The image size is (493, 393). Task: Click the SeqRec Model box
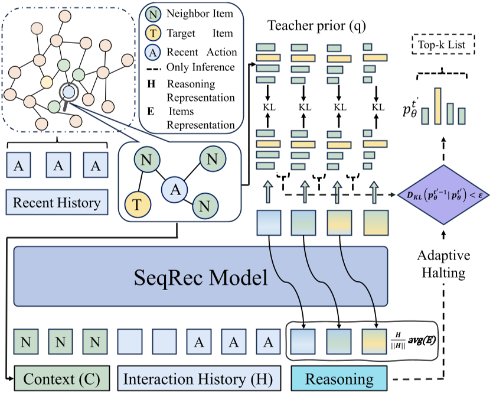(201, 276)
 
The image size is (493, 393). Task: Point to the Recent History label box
(57, 203)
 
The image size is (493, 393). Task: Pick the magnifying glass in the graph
(68, 93)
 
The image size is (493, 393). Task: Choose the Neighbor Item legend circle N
(152, 14)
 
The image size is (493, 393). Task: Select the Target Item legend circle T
(152, 33)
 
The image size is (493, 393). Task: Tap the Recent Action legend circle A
(152, 53)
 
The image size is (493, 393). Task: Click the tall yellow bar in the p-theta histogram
(438, 107)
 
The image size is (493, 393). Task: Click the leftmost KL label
(267, 107)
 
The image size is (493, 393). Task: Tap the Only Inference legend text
(201, 67)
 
